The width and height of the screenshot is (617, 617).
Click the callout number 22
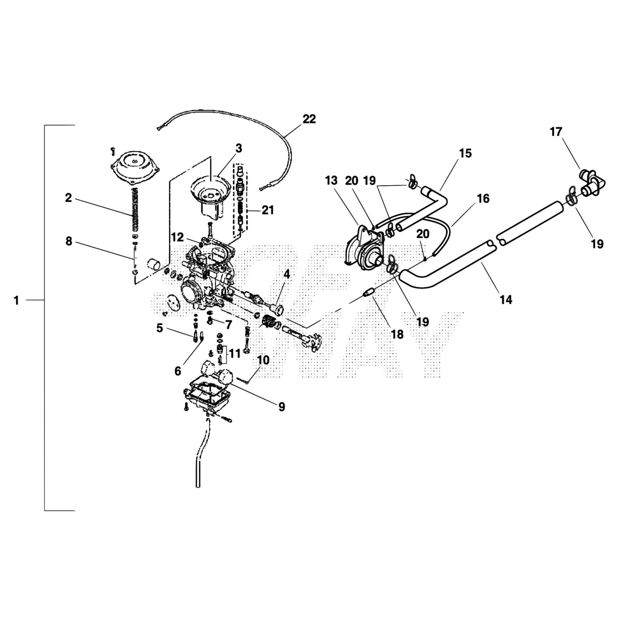coord(309,119)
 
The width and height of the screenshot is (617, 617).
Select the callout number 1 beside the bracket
coord(16,300)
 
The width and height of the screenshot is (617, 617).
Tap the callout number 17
coord(556,132)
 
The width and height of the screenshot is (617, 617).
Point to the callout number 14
coord(506,299)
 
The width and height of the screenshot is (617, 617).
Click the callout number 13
coord(331,180)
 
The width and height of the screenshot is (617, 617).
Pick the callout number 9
coord(282,406)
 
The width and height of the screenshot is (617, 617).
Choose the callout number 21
coord(268,210)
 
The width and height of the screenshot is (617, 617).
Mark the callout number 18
coord(397,334)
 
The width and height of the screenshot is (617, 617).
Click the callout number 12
coord(177,237)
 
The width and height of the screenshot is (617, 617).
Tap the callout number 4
coord(287,275)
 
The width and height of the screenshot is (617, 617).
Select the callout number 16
coord(483,199)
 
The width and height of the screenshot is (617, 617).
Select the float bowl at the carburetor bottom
coord(208,393)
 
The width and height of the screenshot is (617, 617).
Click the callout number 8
coord(69,242)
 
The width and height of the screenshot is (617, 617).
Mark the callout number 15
coord(465,153)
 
